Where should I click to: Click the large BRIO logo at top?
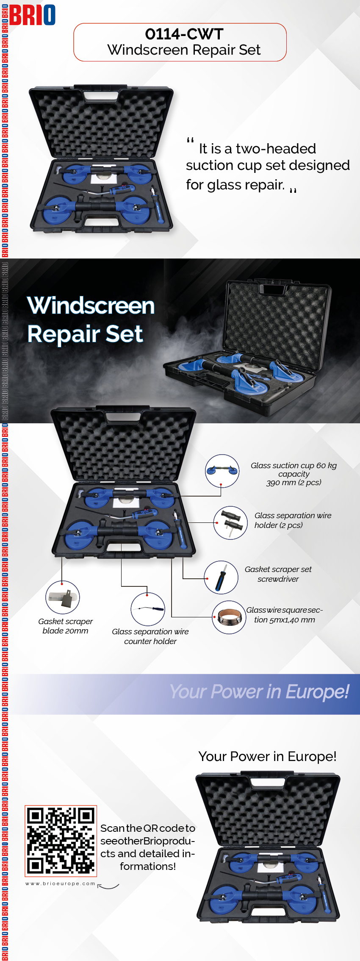(x=32, y=15)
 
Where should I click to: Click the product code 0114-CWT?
(x=184, y=34)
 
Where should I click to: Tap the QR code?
(x=61, y=841)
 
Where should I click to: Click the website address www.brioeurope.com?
(x=60, y=883)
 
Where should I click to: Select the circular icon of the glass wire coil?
(x=229, y=617)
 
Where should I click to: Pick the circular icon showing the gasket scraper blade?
(x=63, y=597)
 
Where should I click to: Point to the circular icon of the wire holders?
(x=230, y=523)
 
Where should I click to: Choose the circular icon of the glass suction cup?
(x=222, y=471)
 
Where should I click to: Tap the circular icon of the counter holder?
(x=148, y=609)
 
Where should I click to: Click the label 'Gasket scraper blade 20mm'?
(x=66, y=626)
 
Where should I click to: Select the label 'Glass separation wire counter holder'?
(x=150, y=636)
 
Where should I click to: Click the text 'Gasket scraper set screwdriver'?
(x=278, y=574)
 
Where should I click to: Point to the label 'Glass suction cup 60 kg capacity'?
(x=294, y=469)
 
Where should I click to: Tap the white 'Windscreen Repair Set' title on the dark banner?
(x=91, y=319)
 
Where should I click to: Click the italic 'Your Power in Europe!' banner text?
(x=259, y=692)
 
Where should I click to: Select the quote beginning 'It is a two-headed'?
(x=268, y=166)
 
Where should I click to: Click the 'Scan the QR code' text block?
(x=148, y=847)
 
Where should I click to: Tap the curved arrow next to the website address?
(x=108, y=886)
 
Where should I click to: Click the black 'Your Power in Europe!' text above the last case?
(x=267, y=756)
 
